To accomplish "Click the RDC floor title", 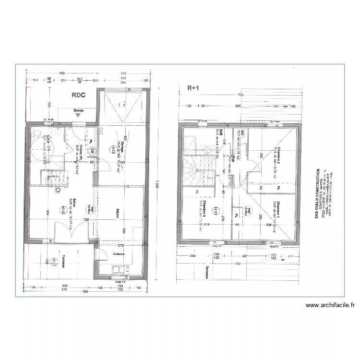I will (x=79, y=95).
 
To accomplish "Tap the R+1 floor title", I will (x=193, y=88).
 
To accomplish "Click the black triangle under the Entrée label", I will (x=78, y=116).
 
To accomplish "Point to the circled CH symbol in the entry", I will (x=93, y=150).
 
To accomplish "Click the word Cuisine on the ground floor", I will (x=119, y=253).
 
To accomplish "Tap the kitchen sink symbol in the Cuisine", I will (x=118, y=270).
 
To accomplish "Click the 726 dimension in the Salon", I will (x=86, y=220).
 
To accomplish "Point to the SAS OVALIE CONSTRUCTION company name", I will (x=317, y=193).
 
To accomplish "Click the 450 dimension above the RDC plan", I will (x=62, y=73).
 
